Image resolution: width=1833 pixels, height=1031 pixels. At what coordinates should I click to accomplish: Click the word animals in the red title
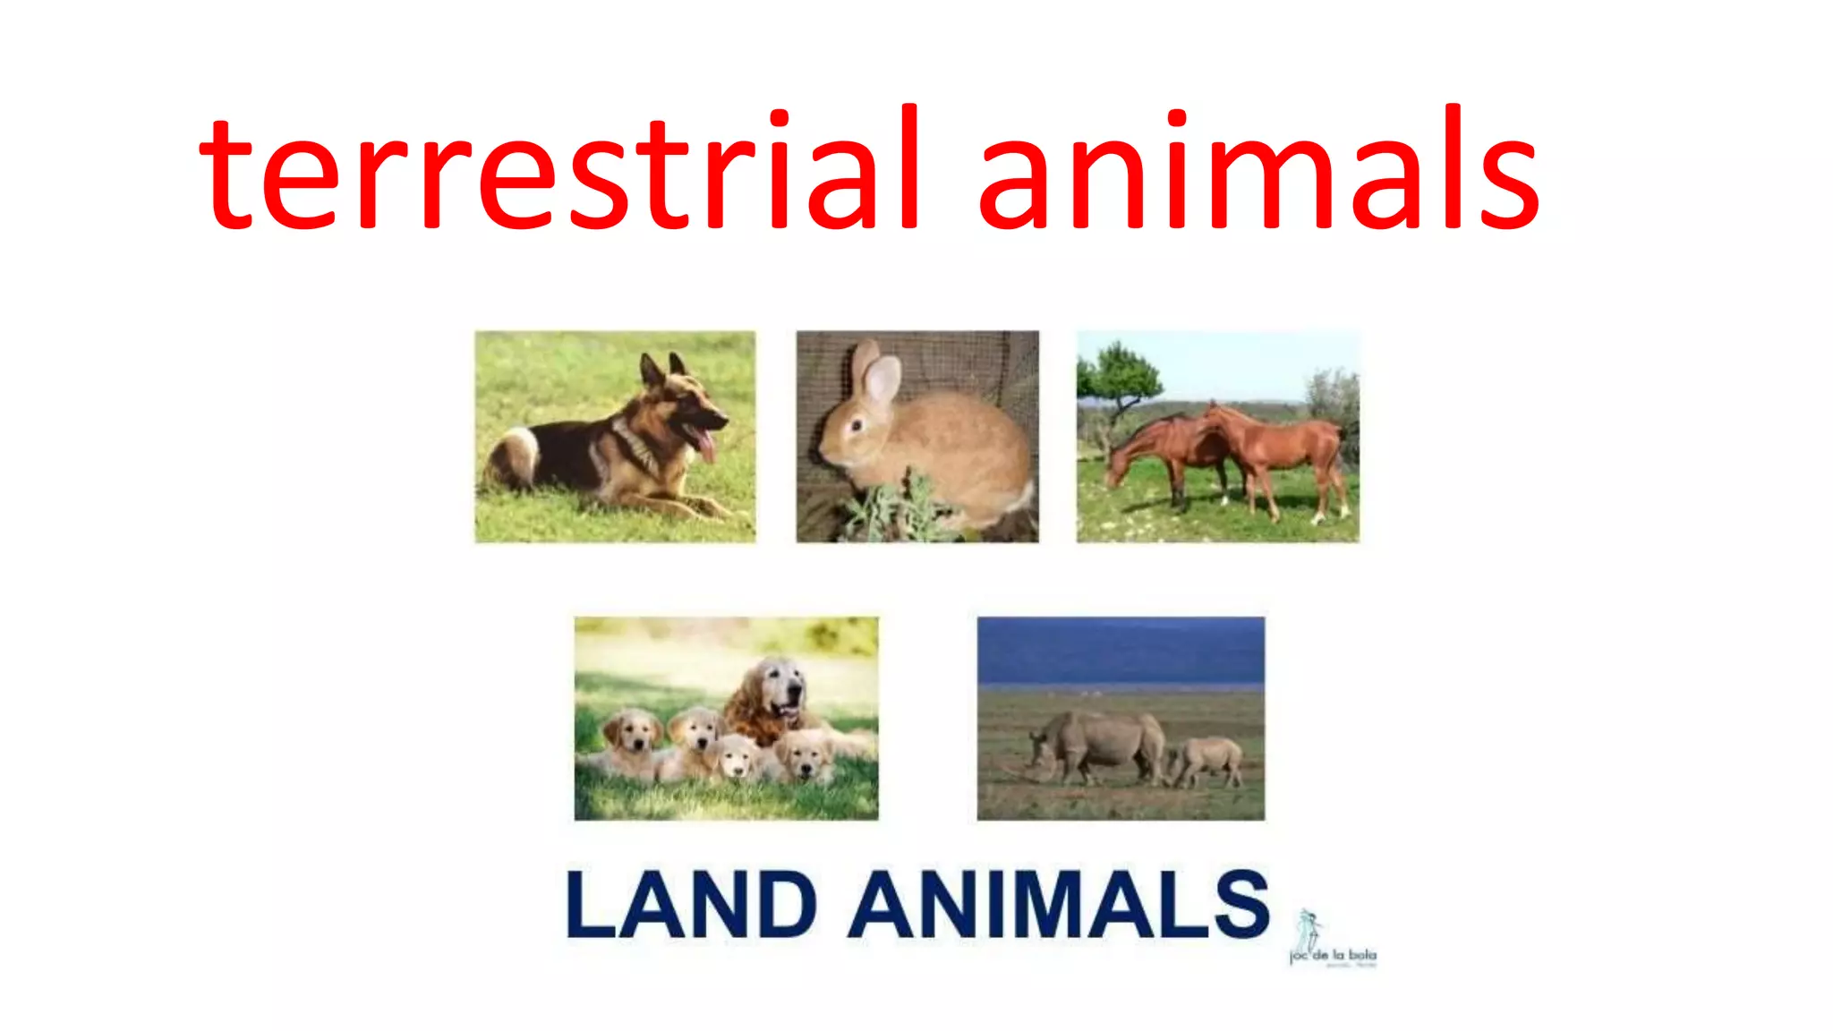coord(1258,170)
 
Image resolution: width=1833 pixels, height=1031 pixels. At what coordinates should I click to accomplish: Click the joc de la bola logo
coord(1331,940)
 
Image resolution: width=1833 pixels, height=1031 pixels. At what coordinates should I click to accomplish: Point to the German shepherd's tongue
coord(707,445)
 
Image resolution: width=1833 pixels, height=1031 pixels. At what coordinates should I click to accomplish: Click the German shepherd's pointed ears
coord(662,367)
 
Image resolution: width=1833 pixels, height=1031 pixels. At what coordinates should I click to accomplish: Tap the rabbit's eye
coord(857,425)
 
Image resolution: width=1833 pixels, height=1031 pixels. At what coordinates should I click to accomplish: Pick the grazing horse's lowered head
coord(1119,469)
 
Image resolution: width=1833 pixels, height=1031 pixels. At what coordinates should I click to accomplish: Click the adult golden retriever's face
coord(779,689)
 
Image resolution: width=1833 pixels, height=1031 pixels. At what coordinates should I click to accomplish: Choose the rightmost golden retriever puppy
coord(806,754)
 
